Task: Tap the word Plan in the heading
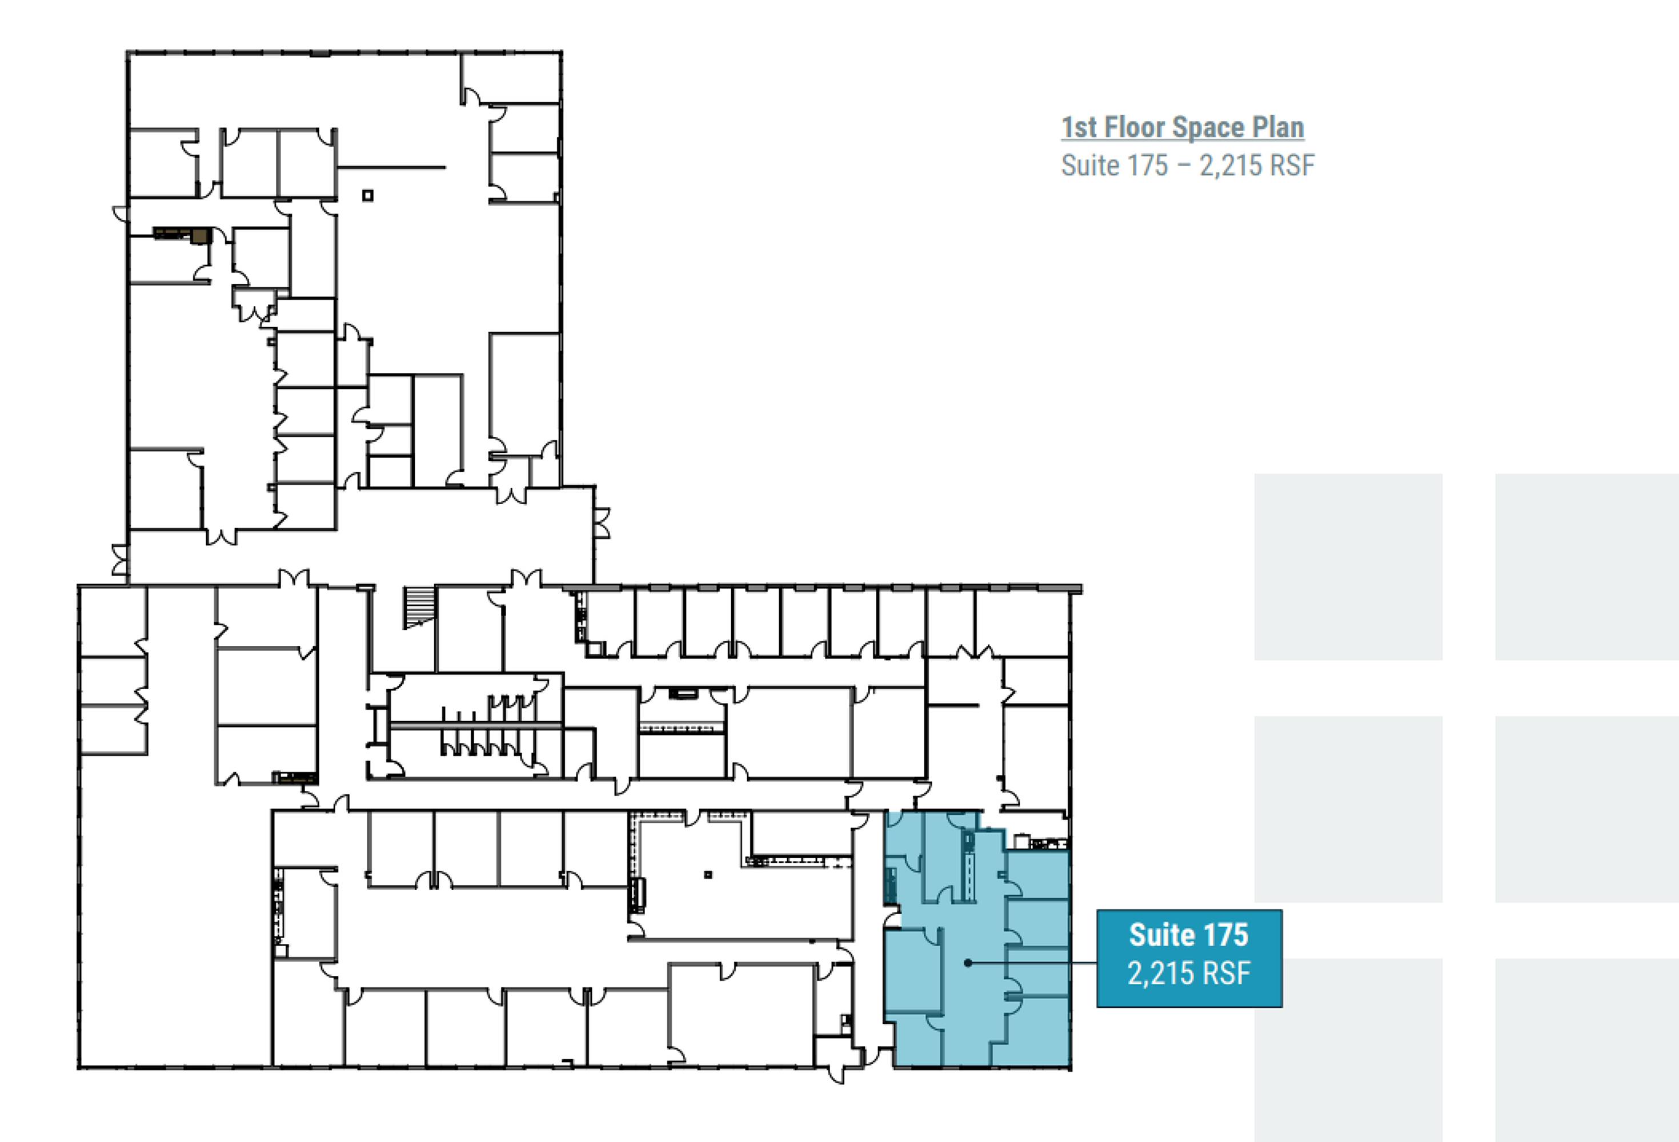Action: pos(1278,127)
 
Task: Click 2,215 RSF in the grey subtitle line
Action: pos(1257,166)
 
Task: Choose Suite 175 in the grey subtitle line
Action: pos(1114,166)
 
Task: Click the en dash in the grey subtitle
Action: pos(1183,166)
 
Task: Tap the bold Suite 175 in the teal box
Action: pos(1188,935)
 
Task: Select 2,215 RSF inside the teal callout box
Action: pos(1188,973)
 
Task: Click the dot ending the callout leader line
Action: pos(968,963)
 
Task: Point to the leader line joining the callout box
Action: pos(1032,963)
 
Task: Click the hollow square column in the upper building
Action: pos(368,195)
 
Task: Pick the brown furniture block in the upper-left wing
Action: pos(183,234)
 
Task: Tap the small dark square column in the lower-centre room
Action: pos(708,875)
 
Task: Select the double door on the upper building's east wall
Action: pos(602,523)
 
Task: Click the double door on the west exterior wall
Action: pos(120,560)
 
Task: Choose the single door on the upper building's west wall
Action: pos(121,215)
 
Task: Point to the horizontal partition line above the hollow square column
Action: pos(391,167)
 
